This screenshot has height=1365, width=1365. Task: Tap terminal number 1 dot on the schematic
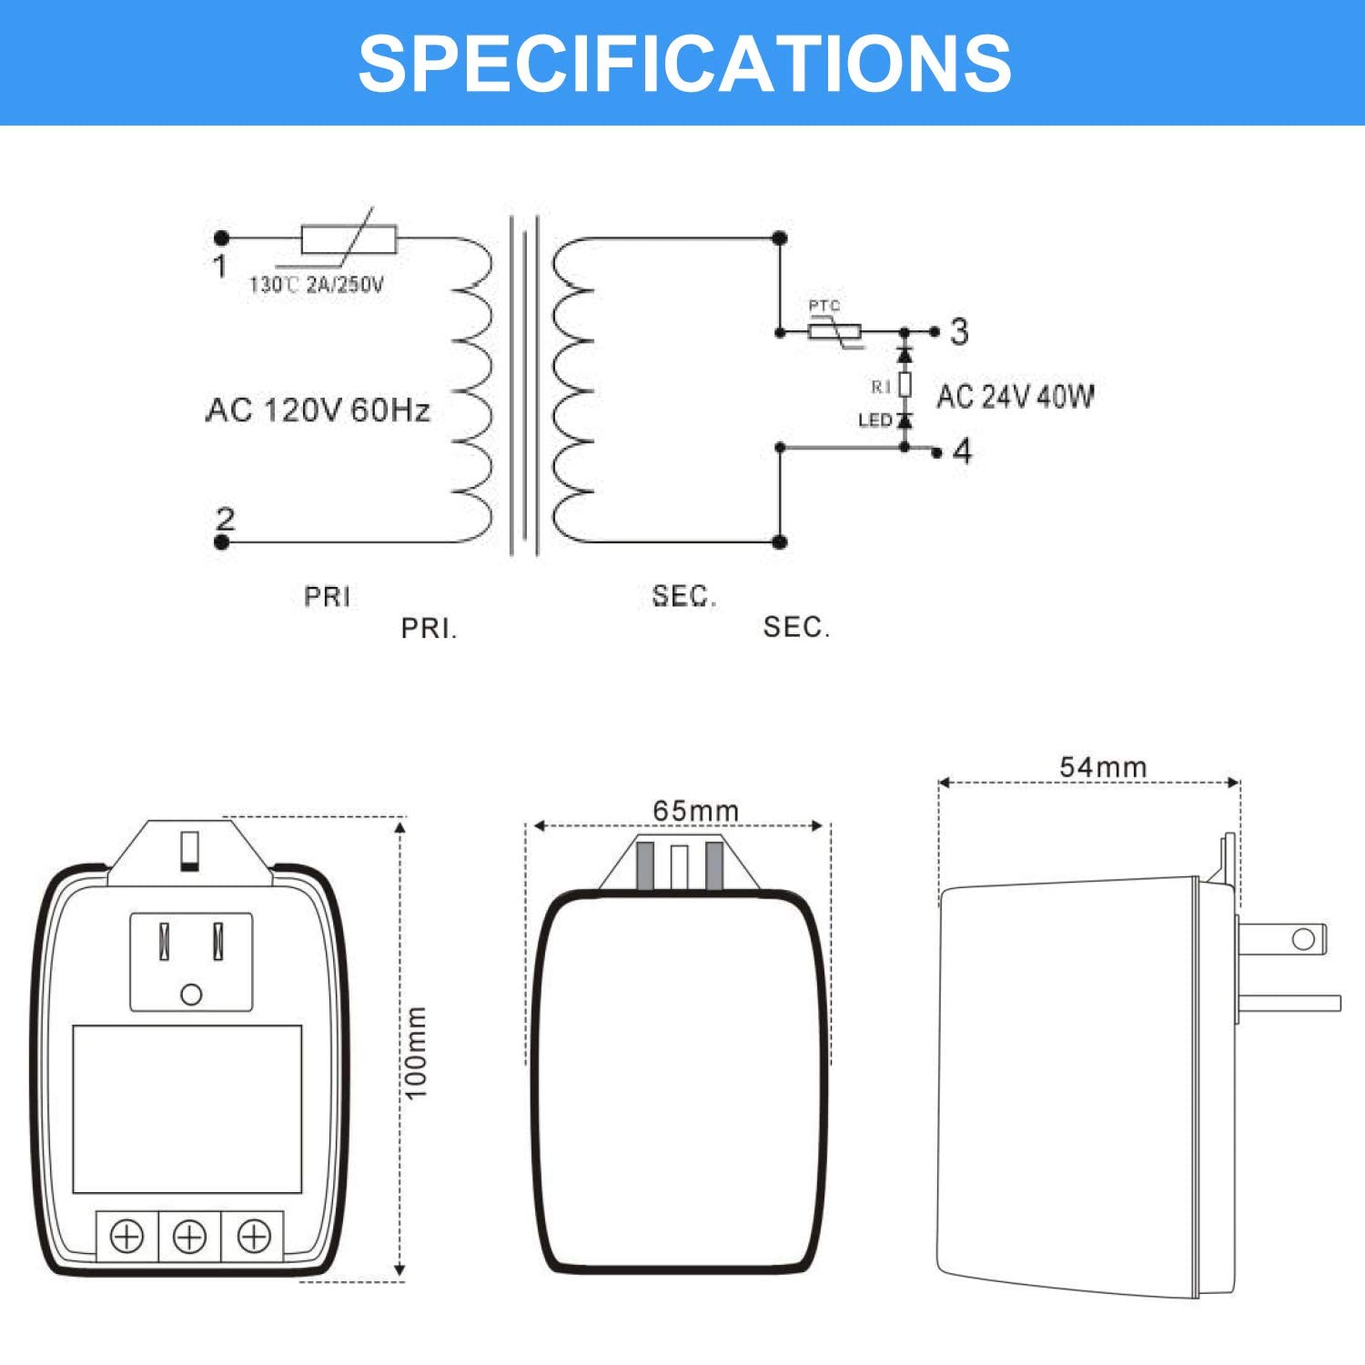click(x=221, y=238)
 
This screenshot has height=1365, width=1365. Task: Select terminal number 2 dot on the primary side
click(x=221, y=542)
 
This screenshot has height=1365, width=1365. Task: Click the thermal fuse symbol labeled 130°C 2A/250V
click(x=349, y=239)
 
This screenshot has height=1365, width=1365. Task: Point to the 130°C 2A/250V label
click(x=317, y=285)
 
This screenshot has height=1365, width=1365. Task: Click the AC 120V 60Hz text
click(x=318, y=410)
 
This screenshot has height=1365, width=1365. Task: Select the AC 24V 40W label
click(x=1015, y=397)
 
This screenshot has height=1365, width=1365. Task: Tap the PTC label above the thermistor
click(x=824, y=307)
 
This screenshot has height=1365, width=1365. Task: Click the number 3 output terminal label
click(x=959, y=332)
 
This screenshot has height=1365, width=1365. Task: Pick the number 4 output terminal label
click(x=962, y=451)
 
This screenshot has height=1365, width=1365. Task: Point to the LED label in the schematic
click(x=875, y=420)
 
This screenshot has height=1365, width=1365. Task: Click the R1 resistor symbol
click(x=905, y=385)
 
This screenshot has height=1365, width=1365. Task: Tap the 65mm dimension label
click(x=695, y=810)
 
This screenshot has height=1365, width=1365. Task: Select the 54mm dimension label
click(x=1103, y=767)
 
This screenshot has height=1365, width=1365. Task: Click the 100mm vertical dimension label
click(x=416, y=1052)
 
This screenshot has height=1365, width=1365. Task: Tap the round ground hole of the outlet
click(x=191, y=995)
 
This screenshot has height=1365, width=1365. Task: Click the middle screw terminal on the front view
click(x=189, y=1237)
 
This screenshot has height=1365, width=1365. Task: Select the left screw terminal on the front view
click(x=126, y=1237)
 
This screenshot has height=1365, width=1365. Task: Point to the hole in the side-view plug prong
click(x=1303, y=939)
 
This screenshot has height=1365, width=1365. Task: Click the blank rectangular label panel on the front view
click(x=187, y=1108)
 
